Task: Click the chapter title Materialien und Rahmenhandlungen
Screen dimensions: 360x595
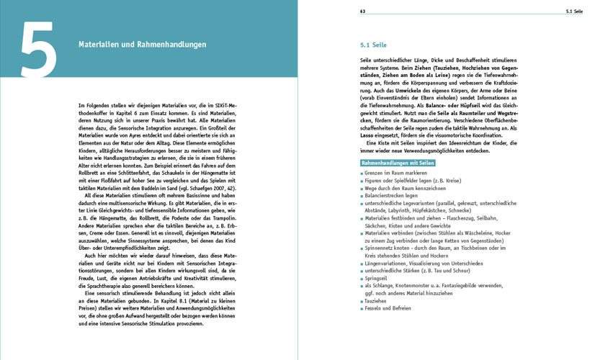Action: (142, 45)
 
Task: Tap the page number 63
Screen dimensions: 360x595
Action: (363, 12)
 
